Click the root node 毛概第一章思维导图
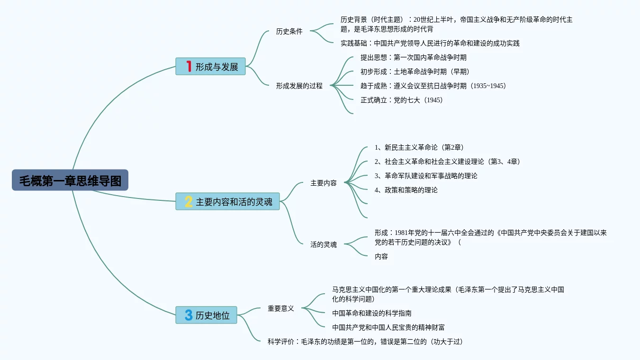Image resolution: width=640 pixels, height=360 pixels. [70, 180]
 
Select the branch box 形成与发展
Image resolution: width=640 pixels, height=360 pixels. [211, 67]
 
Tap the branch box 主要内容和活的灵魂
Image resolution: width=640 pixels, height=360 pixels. [228, 202]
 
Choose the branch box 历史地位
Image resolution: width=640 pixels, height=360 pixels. [207, 315]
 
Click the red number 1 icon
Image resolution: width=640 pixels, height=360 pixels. [189, 67]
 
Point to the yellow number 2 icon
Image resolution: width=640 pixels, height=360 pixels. [189, 202]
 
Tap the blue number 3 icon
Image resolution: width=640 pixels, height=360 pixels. [189, 315]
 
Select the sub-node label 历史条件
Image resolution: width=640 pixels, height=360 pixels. [289, 32]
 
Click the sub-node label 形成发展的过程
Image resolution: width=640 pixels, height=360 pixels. [299, 86]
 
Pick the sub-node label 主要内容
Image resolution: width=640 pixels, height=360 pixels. [323, 183]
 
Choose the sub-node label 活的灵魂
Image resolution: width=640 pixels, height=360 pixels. [323, 244]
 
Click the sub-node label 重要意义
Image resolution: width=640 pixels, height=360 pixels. [280, 308]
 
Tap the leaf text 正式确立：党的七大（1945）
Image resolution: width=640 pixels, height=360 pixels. [401, 100]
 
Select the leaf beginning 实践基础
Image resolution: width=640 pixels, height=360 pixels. [430, 43]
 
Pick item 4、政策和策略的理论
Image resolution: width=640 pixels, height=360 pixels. [406, 190]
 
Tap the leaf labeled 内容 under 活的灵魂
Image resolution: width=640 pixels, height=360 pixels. [381, 256]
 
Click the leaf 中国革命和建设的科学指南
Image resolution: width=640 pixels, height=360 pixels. [371, 313]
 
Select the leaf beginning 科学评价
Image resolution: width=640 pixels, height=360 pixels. [365, 342]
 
